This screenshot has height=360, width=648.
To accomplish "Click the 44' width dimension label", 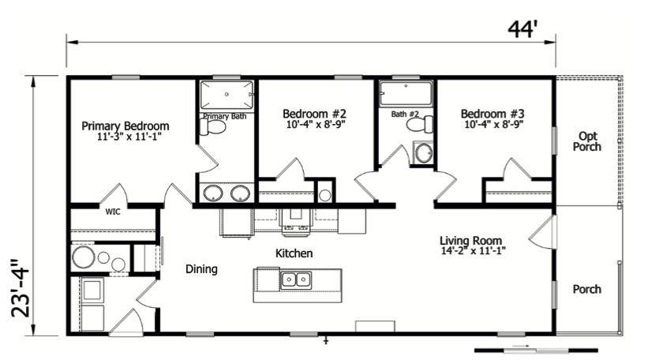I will (x=522, y=29).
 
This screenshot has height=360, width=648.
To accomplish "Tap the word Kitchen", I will (x=294, y=253).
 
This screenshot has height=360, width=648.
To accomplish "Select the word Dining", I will (x=201, y=269).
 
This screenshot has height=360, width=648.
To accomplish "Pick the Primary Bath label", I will (x=226, y=116).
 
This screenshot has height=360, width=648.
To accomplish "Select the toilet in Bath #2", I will (x=425, y=125).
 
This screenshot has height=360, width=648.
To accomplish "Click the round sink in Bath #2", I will (x=425, y=153).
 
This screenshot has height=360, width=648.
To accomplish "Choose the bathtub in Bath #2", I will (x=406, y=93).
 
